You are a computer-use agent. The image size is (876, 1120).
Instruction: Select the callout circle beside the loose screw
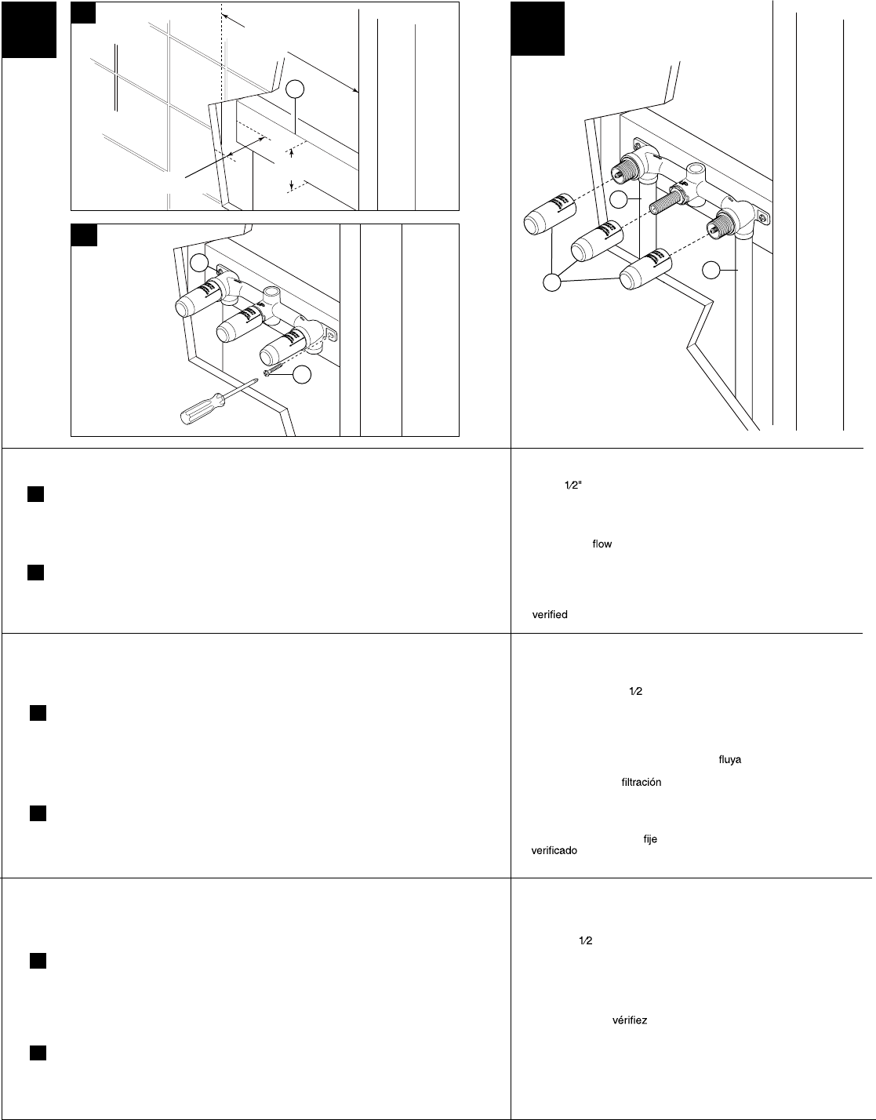297,376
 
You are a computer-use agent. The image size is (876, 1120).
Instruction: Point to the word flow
602,544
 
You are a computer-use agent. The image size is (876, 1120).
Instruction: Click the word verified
549,615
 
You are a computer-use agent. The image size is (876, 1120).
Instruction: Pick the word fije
649,839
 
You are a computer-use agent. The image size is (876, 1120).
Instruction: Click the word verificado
554,850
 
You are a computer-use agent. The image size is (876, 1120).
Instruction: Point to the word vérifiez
629,1021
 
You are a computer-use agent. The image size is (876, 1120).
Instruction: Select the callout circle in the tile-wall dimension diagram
294,90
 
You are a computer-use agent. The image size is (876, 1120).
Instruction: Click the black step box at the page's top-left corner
28,29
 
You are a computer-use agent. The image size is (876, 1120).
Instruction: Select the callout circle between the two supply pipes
619,199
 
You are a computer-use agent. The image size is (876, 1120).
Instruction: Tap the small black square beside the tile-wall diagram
83,13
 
